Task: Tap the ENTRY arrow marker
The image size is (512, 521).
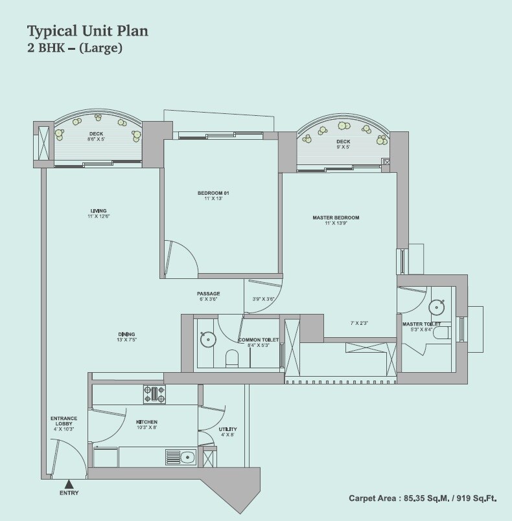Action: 69,482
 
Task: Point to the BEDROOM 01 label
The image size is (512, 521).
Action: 214,193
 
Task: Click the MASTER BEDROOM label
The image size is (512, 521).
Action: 336,217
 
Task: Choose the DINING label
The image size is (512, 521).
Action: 126,333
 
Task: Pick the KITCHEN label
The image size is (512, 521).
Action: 146,421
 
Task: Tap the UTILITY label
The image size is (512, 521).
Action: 227,429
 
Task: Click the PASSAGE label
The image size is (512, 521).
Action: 209,294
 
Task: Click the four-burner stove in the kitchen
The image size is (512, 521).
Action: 154,391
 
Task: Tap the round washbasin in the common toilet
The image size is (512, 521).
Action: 207,338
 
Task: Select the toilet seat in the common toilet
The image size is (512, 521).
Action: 231,357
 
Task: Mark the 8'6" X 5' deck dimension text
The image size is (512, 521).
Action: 96,139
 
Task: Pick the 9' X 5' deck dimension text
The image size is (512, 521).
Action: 343,147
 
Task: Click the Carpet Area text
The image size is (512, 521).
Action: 423,498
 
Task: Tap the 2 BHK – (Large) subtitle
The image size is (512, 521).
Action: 75,48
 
